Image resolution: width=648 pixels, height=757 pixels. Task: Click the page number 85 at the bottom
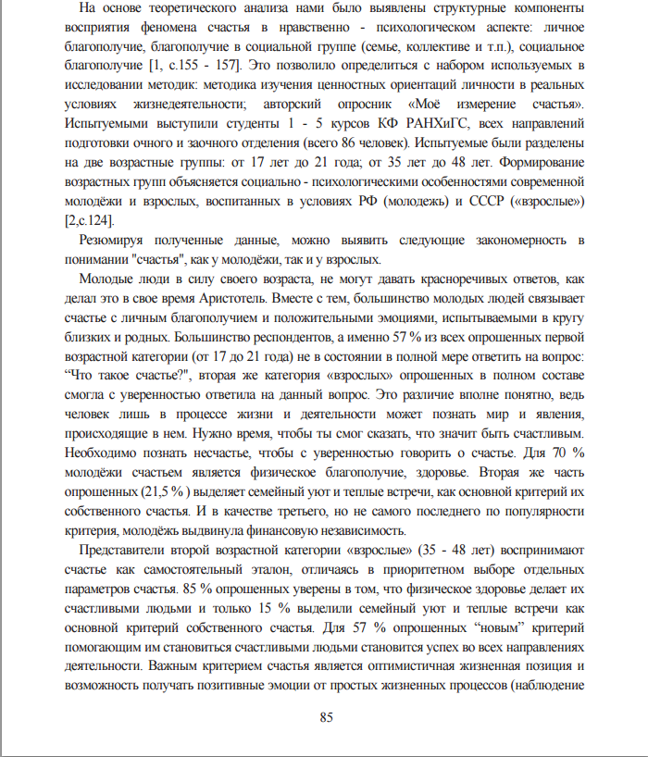point(326,718)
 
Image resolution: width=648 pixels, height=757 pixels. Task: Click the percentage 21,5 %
point(163,492)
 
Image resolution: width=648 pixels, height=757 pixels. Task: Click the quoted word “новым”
point(487,627)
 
